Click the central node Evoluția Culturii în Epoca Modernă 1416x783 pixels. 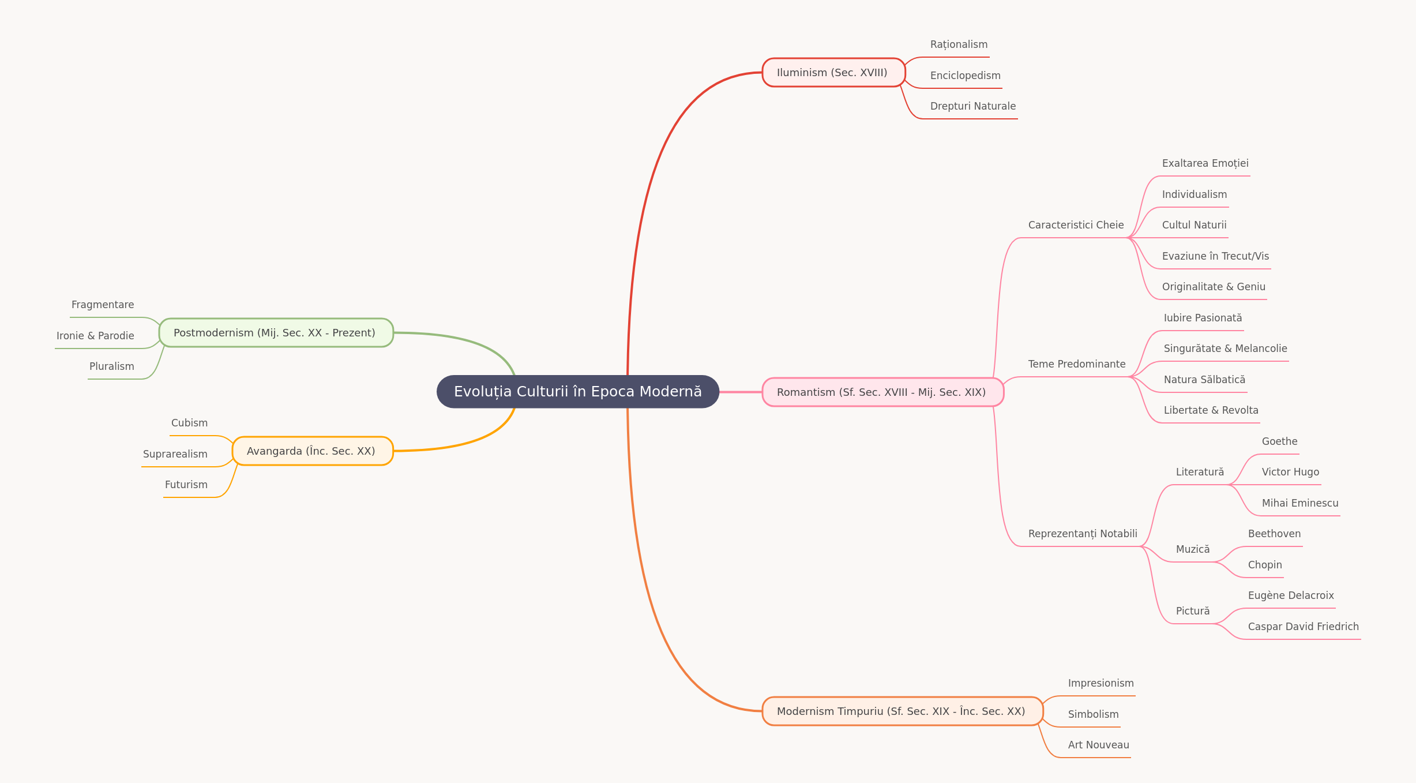(578, 392)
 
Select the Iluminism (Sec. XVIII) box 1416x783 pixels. (833, 73)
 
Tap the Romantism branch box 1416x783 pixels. (882, 392)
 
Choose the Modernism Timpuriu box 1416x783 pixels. (902, 711)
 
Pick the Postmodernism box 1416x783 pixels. (276, 333)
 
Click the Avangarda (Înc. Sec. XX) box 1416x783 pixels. (312, 451)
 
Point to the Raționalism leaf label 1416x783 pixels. (959, 44)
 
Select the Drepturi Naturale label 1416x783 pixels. (973, 106)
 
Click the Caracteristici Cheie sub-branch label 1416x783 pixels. (1076, 225)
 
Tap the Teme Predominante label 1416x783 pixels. (1077, 364)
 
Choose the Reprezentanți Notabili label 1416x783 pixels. (1083, 534)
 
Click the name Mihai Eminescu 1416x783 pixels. (1299, 503)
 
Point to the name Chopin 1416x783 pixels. (1265, 565)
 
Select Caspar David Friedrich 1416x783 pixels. (1303, 627)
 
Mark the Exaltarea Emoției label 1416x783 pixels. (1205, 163)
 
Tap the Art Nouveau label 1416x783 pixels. (1098, 745)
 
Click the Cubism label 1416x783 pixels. (189, 423)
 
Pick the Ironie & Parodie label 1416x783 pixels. (95, 336)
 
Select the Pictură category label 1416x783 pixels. (1193, 611)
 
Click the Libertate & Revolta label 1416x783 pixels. (1211, 410)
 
